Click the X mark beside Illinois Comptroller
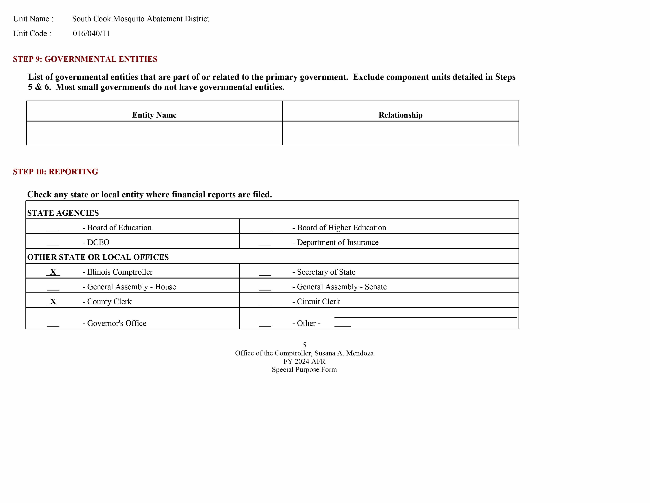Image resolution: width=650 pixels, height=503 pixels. click(x=53, y=272)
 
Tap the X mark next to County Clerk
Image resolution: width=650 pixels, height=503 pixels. click(x=53, y=302)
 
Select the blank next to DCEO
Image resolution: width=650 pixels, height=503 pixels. click(x=53, y=243)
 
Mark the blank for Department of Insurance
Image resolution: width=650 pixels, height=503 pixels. click(x=265, y=243)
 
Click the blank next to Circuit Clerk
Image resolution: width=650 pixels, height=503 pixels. click(x=265, y=302)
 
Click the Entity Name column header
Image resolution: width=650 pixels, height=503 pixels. click(x=154, y=115)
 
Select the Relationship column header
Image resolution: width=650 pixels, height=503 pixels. click(x=400, y=115)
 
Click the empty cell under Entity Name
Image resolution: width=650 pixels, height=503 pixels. click(x=154, y=133)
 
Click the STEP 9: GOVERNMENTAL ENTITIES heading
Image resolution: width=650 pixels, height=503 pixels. click(x=85, y=59)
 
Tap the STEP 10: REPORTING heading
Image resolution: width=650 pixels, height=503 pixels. click(x=56, y=172)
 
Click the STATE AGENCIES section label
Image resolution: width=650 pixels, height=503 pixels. click(x=63, y=213)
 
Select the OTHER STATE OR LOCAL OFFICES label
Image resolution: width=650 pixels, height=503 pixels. click(x=98, y=257)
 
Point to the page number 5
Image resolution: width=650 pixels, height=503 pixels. click(x=304, y=345)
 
